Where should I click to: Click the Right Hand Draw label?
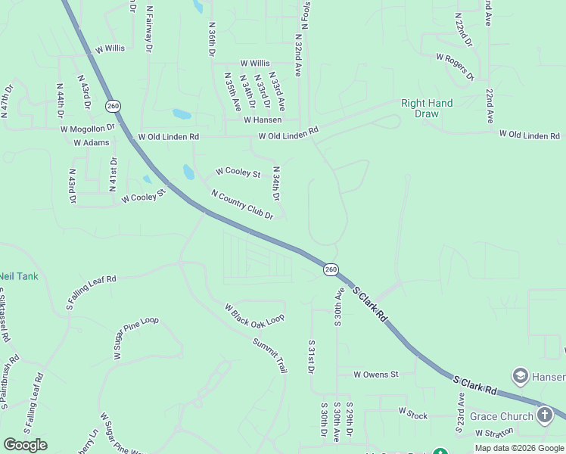pyautogui.click(x=427, y=108)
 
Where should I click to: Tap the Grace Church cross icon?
pyautogui.click(x=545, y=415)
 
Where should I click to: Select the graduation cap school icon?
pyautogui.click(x=520, y=375)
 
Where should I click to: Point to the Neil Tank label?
pyautogui.click(x=18, y=276)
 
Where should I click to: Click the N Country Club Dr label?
pyautogui.click(x=241, y=204)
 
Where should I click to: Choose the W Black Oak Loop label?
pyautogui.click(x=253, y=315)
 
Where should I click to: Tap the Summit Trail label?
pyautogui.click(x=270, y=353)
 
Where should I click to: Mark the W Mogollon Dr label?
pyautogui.click(x=88, y=129)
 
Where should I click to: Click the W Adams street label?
pyautogui.click(x=91, y=142)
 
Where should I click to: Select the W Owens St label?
pyautogui.click(x=375, y=374)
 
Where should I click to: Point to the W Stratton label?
pyautogui.click(x=494, y=432)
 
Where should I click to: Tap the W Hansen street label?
pyautogui.click(x=263, y=120)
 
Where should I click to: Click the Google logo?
pyautogui.click(x=25, y=445)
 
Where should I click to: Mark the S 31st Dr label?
pyautogui.click(x=310, y=356)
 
